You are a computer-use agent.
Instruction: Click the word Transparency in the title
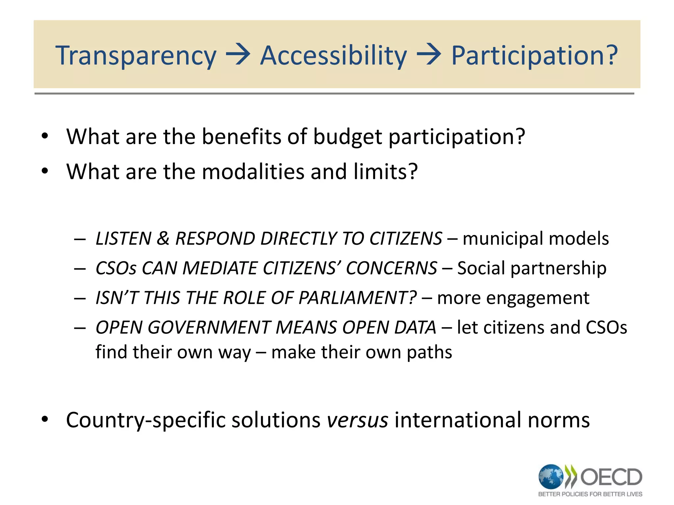pos(136,56)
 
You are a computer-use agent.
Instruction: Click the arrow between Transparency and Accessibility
pos(238,55)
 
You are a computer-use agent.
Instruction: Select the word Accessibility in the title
pos(333,56)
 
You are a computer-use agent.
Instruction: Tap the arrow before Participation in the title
pos(428,55)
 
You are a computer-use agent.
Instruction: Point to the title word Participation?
pos(534,56)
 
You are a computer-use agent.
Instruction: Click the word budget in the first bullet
pos(348,137)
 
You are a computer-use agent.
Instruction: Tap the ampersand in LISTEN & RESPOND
pos(163,238)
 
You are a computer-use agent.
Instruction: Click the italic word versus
pos(357,420)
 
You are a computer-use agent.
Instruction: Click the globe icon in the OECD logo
pos(551,476)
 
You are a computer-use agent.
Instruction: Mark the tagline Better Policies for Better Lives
pos(590,494)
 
